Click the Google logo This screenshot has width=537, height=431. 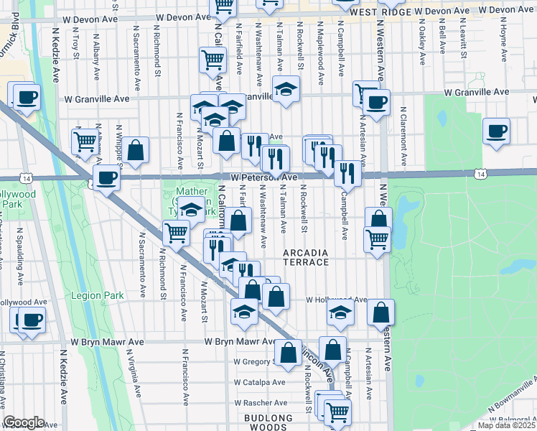(24, 422)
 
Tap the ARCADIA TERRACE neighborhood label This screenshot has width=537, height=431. (306, 258)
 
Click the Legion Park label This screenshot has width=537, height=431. (98, 295)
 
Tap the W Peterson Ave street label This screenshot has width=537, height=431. (263, 177)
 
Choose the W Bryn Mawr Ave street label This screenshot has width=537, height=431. (241, 342)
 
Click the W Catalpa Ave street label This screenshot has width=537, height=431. (260, 383)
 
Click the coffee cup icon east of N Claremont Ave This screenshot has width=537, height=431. (496, 131)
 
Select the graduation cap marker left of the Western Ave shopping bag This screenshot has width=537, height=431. (341, 311)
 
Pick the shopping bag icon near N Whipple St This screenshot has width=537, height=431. (135, 151)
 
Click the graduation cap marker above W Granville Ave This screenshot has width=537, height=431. (286, 90)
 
